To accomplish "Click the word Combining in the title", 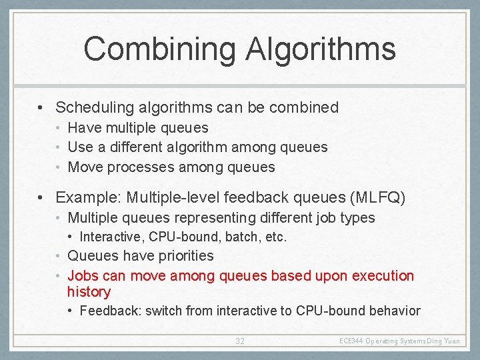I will [x=159, y=50].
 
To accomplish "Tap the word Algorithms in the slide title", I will [x=321, y=50].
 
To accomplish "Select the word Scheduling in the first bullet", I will [x=93, y=107].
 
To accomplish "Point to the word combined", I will [x=305, y=107].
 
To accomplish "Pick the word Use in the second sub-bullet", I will [x=81, y=147].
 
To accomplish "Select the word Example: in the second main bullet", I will [x=87, y=198].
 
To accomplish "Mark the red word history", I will [x=89, y=292].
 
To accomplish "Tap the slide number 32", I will [x=240, y=341].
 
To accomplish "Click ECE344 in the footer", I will [x=351, y=341].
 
